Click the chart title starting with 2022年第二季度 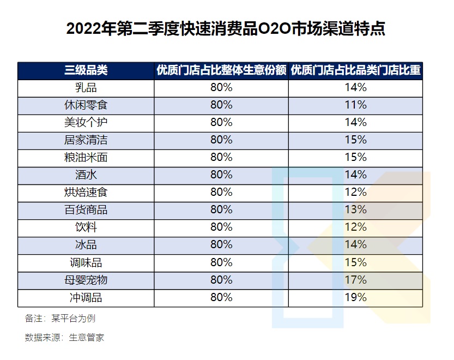click(x=226, y=28)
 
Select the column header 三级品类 click(x=86, y=70)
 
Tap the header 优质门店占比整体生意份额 click(x=221, y=70)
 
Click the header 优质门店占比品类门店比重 click(x=355, y=70)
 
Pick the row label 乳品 click(x=86, y=88)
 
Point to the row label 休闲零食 click(x=86, y=105)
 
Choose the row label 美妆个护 click(x=86, y=123)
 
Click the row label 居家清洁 click(x=86, y=140)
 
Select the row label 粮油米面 click(x=86, y=158)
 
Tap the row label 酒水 click(x=86, y=175)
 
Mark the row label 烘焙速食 click(x=86, y=193)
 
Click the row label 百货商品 click(x=86, y=210)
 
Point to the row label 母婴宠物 click(x=86, y=280)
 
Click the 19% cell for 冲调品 click(x=355, y=297)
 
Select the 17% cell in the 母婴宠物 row click(x=355, y=280)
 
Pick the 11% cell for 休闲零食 click(x=355, y=105)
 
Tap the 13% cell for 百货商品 click(x=355, y=210)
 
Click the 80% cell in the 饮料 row click(x=221, y=227)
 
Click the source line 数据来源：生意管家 click(x=64, y=338)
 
